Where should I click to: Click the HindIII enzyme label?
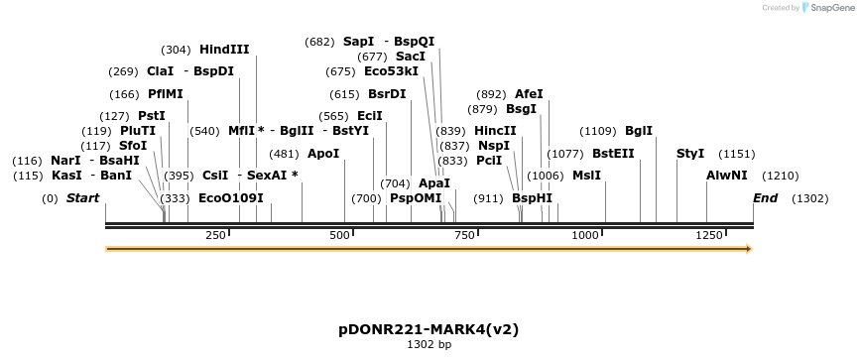(224, 50)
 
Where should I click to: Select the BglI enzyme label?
(639, 131)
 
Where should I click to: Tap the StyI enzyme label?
(690, 154)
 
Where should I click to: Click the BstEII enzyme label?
(613, 154)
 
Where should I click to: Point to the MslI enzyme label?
(586, 176)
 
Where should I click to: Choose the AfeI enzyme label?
(529, 94)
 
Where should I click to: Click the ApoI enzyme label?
(323, 154)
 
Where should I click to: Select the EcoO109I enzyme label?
(231, 198)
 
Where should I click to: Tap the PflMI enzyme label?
(166, 94)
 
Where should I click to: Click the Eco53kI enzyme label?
(391, 71)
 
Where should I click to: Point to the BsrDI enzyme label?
(387, 94)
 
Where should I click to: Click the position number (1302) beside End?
(809, 198)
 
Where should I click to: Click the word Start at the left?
(82, 198)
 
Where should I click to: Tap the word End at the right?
(765, 198)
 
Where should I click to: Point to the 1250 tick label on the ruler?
(710, 235)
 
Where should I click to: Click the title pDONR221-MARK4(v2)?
(429, 328)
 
